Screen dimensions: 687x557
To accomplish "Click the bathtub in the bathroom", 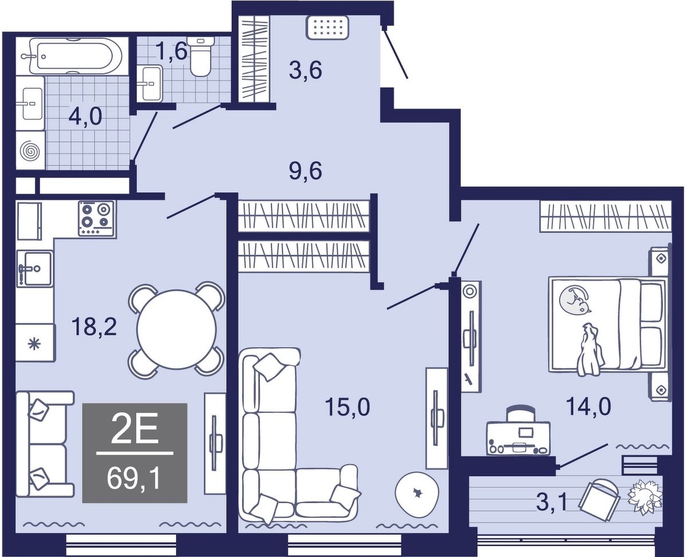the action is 72,56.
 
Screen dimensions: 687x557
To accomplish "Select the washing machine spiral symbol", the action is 29,151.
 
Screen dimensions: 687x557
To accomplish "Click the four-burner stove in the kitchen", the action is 96,218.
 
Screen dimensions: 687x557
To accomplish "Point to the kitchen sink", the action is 35,268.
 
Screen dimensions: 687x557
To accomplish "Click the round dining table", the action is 176,329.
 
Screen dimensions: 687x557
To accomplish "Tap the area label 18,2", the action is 94,327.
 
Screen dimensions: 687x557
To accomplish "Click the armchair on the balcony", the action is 599,504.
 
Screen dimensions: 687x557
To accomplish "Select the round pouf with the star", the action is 417,493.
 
